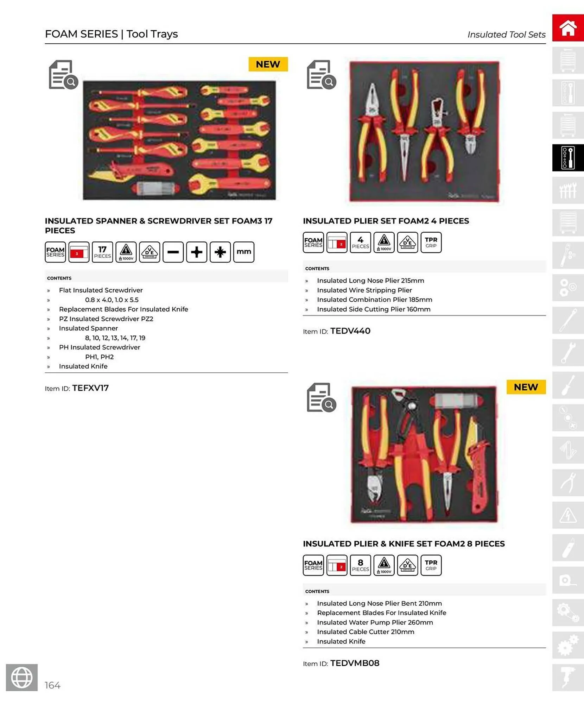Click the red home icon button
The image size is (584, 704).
[x=567, y=28]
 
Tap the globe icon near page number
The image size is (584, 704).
[x=22, y=677]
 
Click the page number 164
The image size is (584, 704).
[x=52, y=685]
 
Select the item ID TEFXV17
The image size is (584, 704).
[x=90, y=388]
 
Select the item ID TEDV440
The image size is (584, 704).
[x=350, y=331]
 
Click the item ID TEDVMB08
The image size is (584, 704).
[x=355, y=663]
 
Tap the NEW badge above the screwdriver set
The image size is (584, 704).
[x=268, y=64]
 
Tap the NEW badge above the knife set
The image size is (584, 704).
[x=526, y=387]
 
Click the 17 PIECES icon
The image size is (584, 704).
[x=102, y=252]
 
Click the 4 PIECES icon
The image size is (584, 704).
[x=360, y=243]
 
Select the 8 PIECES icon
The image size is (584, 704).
[x=360, y=565]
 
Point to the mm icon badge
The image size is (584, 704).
[x=243, y=252]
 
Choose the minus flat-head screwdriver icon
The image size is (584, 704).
[x=173, y=252]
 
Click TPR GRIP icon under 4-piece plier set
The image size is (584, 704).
[x=431, y=243]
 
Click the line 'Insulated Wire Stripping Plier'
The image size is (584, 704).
[x=364, y=290]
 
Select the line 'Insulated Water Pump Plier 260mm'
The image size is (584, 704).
[x=375, y=622]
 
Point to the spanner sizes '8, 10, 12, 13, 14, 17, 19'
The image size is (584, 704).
[x=115, y=338]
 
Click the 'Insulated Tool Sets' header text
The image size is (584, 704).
[x=506, y=34]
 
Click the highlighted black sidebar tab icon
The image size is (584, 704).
[x=567, y=158]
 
